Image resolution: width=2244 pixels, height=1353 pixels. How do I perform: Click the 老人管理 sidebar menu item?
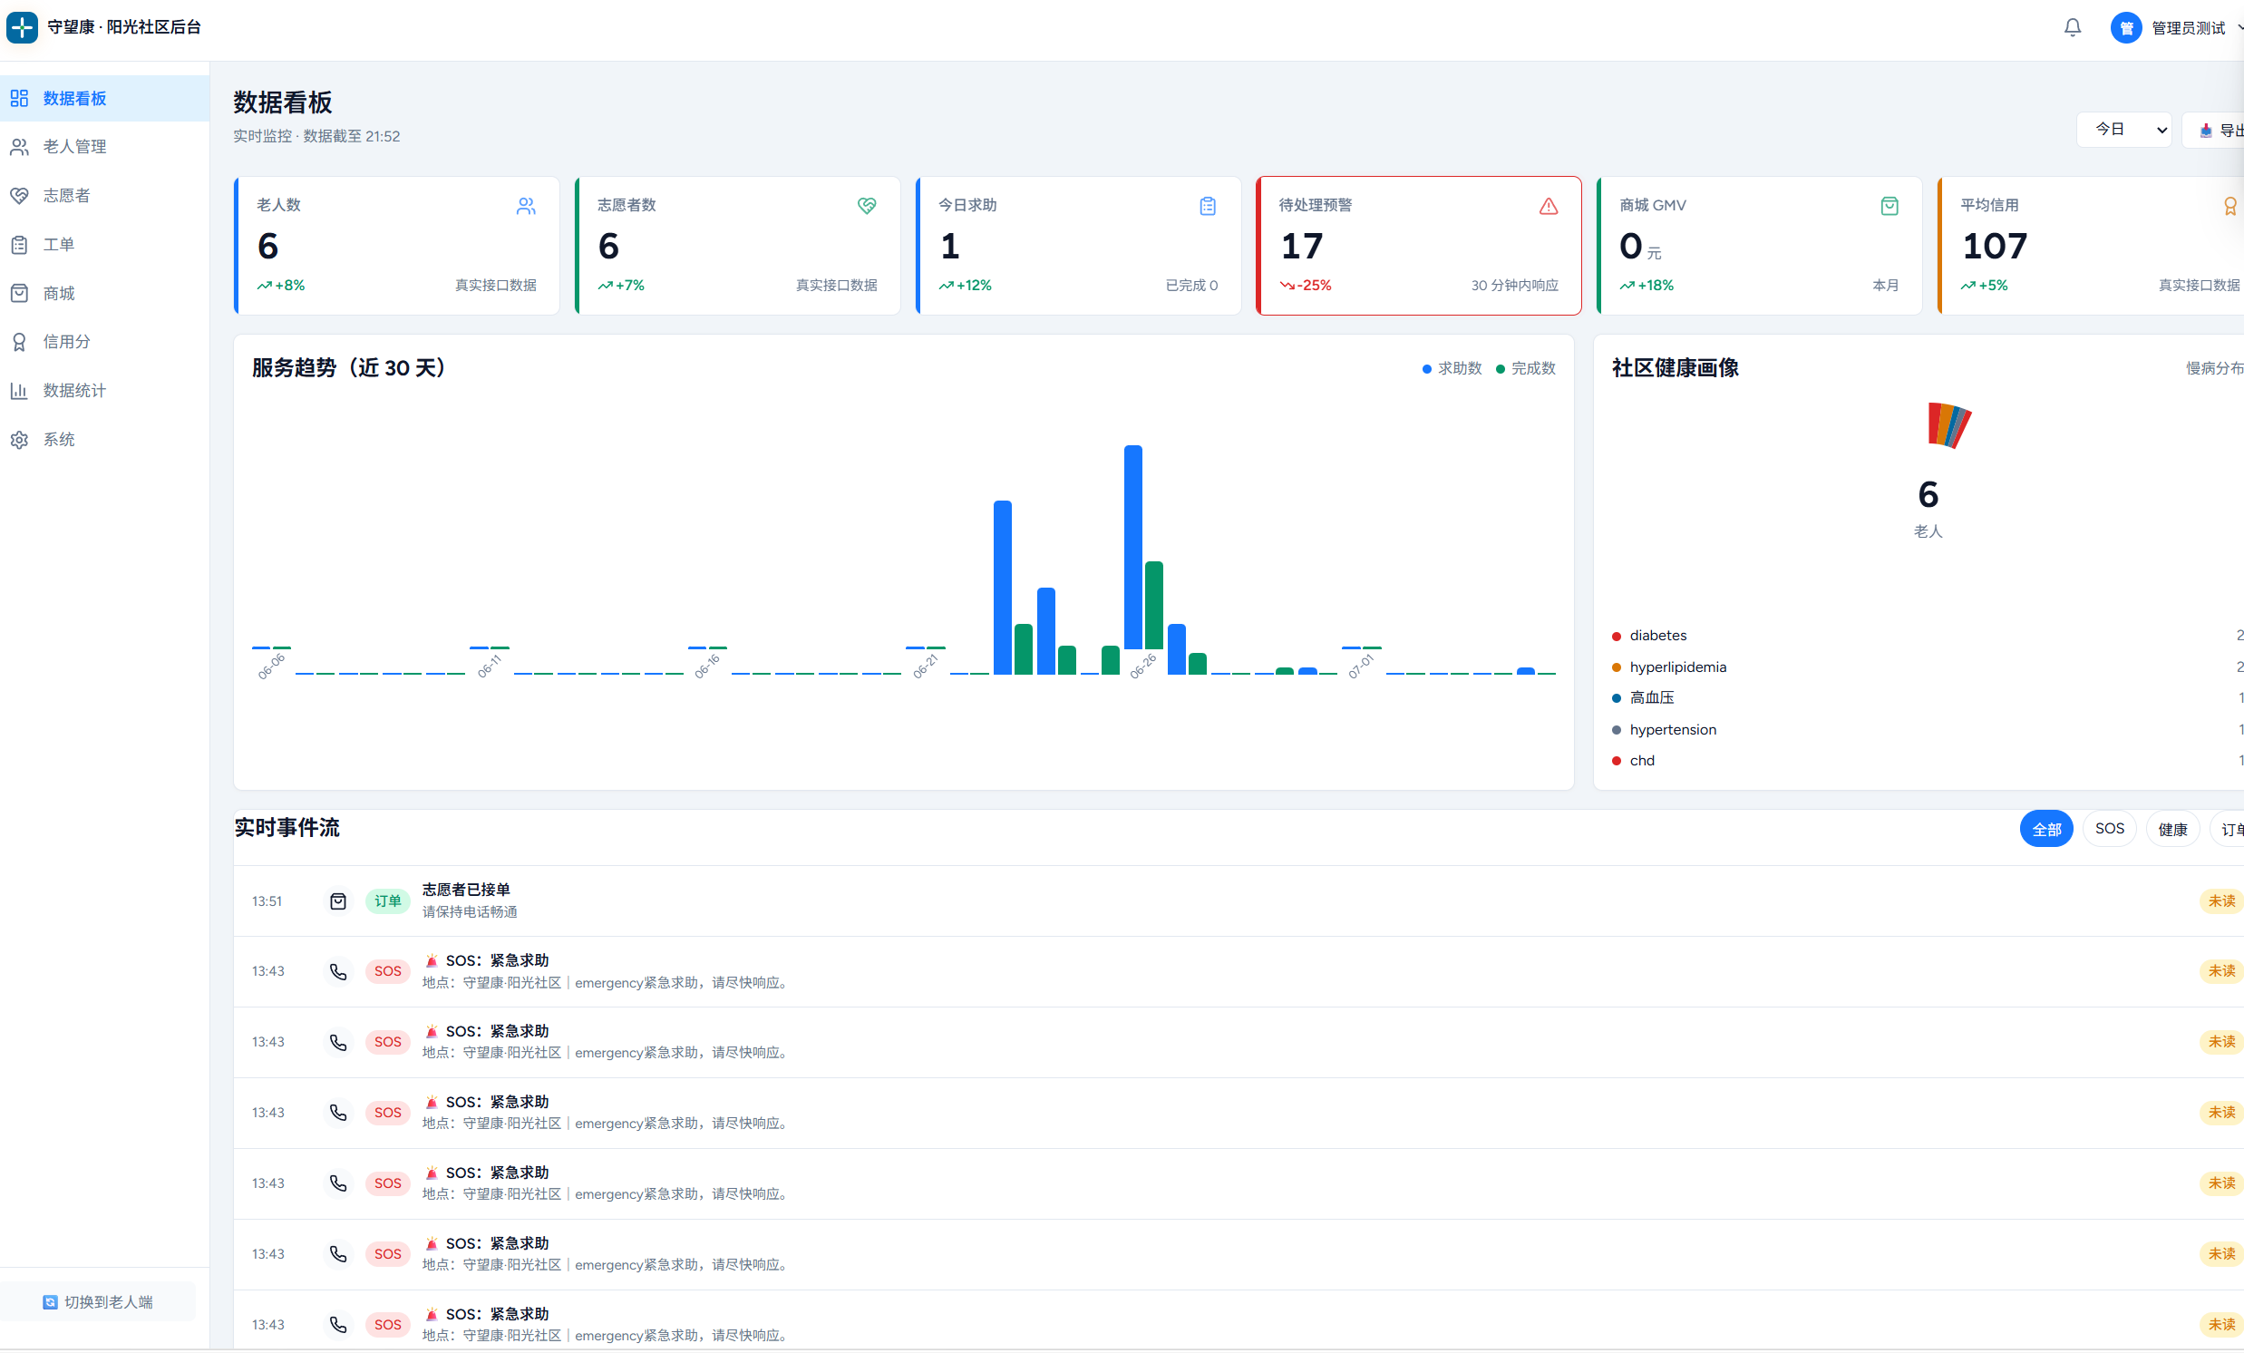point(74,147)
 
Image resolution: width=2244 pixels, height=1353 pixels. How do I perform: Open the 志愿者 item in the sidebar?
point(66,196)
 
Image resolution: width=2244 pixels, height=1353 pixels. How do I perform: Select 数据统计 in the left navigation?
point(74,391)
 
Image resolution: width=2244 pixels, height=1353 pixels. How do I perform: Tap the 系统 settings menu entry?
point(59,440)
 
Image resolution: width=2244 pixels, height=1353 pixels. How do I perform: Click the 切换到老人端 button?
point(98,1302)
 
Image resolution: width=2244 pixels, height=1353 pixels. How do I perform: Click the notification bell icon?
point(2072,28)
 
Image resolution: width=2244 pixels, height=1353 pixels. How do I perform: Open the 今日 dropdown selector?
point(2123,130)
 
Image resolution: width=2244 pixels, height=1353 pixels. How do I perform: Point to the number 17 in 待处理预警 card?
point(1301,246)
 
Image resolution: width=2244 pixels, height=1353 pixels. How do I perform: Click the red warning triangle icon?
point(1549,207)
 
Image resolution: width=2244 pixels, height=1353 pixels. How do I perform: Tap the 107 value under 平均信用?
point(1995,246)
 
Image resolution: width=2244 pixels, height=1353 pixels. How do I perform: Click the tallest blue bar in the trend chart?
point(1133,548)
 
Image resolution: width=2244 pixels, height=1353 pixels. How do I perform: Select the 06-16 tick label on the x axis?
point(706,666)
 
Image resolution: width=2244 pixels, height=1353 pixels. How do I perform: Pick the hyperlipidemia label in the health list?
point(1677,667)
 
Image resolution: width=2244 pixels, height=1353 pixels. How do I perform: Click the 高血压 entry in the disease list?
point(1651,698)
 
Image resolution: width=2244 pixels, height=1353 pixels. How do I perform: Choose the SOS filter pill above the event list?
point(2109,829)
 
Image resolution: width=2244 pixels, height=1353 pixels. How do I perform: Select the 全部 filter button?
point(2046,829)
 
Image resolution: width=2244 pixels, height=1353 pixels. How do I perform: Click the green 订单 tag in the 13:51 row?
point(387,901)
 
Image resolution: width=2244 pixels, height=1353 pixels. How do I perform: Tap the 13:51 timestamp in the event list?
point(267,901)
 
